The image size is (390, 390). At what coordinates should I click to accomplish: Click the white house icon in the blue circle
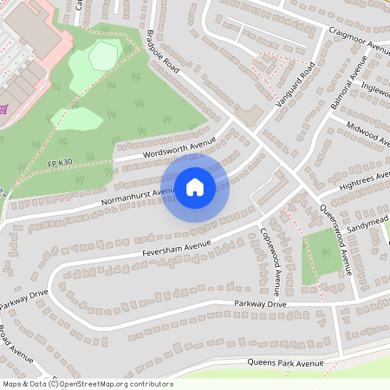coord(195,186)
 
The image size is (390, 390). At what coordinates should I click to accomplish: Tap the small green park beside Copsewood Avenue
coord(322,251)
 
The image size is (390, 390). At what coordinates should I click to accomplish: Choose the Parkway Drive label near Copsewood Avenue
coord(260,304)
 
